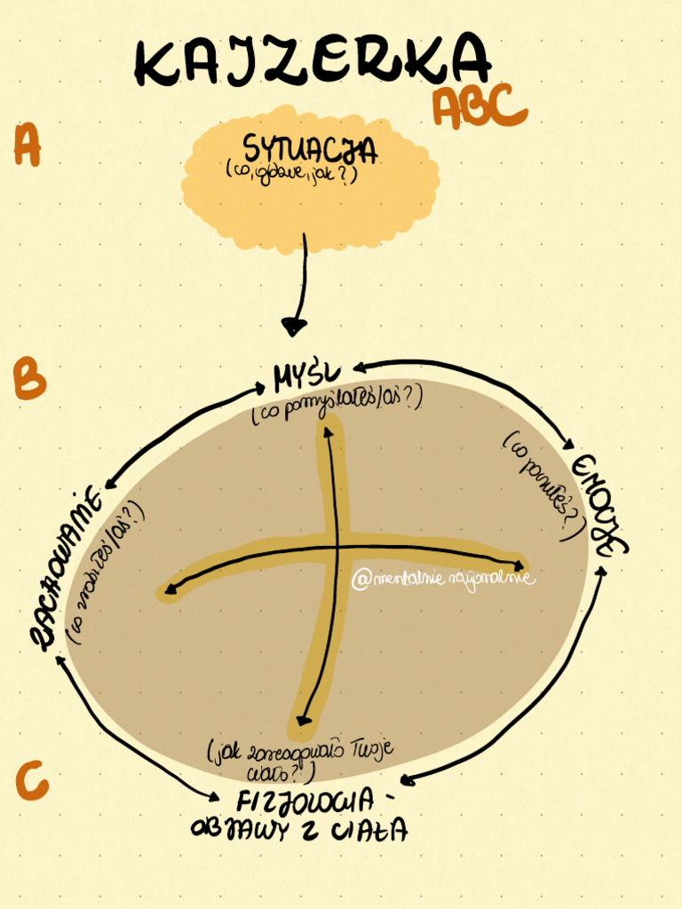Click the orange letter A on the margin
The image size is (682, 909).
point(27,146)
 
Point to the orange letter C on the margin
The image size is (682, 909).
point(31,781)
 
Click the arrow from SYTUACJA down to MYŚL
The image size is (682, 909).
point(301,284)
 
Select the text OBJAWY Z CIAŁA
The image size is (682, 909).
point(299,829)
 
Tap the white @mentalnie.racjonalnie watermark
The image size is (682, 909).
point(442,579)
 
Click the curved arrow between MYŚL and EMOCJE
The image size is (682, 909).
point(480,382)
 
